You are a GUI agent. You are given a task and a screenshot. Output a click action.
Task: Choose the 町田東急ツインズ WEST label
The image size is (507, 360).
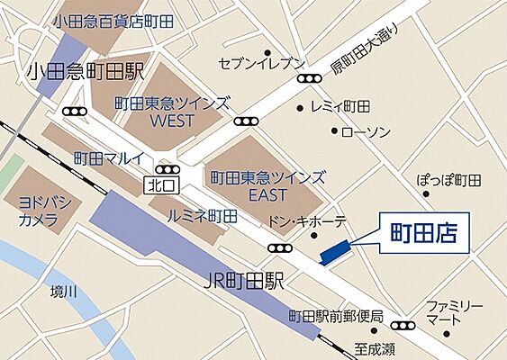tap(172, 112)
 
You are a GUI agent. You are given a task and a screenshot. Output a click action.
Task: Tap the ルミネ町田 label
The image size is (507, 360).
tap(202, 216)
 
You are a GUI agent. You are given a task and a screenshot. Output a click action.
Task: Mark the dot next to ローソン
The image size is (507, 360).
tap(334, 131)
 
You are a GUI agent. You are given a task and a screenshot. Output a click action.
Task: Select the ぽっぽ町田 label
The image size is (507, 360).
tap(449, 180)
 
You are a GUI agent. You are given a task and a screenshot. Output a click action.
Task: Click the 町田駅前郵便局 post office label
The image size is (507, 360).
tap(336, 317)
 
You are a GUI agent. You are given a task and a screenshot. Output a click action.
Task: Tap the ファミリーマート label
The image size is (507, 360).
tap(455, 311)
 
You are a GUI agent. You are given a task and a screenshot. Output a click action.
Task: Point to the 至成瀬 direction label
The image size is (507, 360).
tap(373, 345)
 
